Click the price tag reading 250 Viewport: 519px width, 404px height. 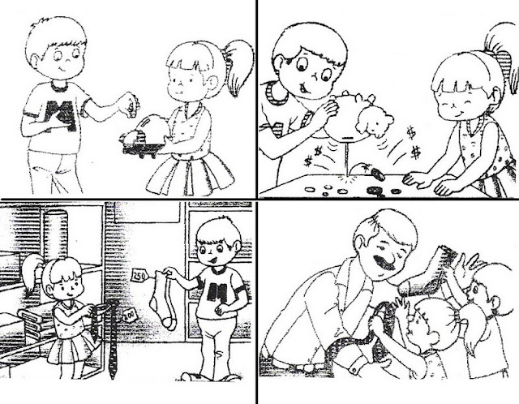(139, 277)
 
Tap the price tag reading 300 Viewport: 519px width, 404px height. (129, 312)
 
